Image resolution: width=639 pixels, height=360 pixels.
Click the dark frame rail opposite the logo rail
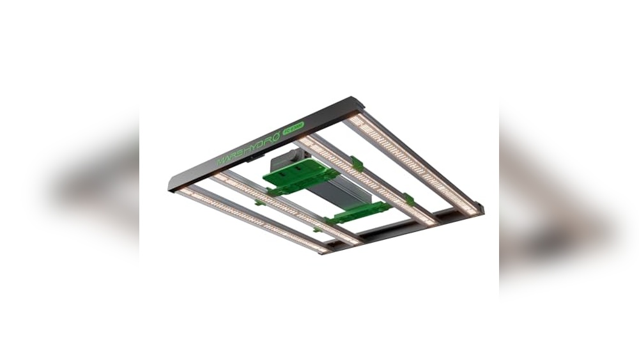[396, 224]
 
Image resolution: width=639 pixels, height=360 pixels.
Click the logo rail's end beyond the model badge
[358, 102]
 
